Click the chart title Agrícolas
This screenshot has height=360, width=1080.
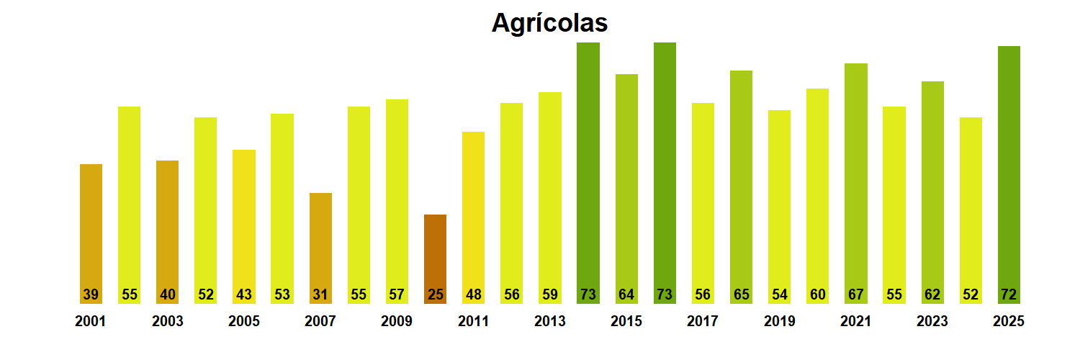tap(549, 23)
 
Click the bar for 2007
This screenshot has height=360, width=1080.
tap(320, 245)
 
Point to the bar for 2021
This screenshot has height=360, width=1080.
tap(856, 180)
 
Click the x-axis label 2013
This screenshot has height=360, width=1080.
tap(550, 322)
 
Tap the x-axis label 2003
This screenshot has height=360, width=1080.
tap(168, 322)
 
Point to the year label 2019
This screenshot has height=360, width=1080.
tap(780, 322)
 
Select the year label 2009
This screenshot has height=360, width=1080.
tap(397, 322)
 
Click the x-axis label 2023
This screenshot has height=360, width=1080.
tap(932, 322)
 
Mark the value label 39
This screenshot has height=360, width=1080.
tap(91, 294)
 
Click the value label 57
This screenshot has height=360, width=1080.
tap(397, 294)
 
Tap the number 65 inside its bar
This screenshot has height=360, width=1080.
tap(741, 294)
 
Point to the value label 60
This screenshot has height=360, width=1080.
tap(817, 294)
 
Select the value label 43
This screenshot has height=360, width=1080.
tap(244, 294)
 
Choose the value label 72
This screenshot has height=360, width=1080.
tap(1009, 294)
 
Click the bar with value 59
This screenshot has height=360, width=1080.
tap(550, 194)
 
